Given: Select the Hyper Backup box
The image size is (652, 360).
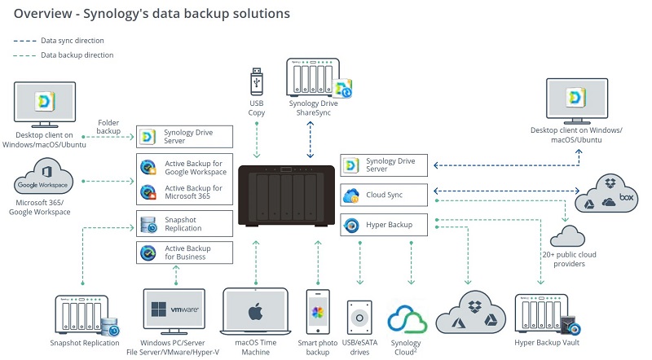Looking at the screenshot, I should point(385,224).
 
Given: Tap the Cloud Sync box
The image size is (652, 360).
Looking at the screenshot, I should point(385,195).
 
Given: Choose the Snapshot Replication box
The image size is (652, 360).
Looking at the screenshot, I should point(185,224).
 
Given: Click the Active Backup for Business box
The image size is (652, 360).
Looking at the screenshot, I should point(185,252).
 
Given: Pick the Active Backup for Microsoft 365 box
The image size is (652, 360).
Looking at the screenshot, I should point(185,192).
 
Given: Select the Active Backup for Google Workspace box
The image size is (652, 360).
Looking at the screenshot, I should point(185,165).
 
